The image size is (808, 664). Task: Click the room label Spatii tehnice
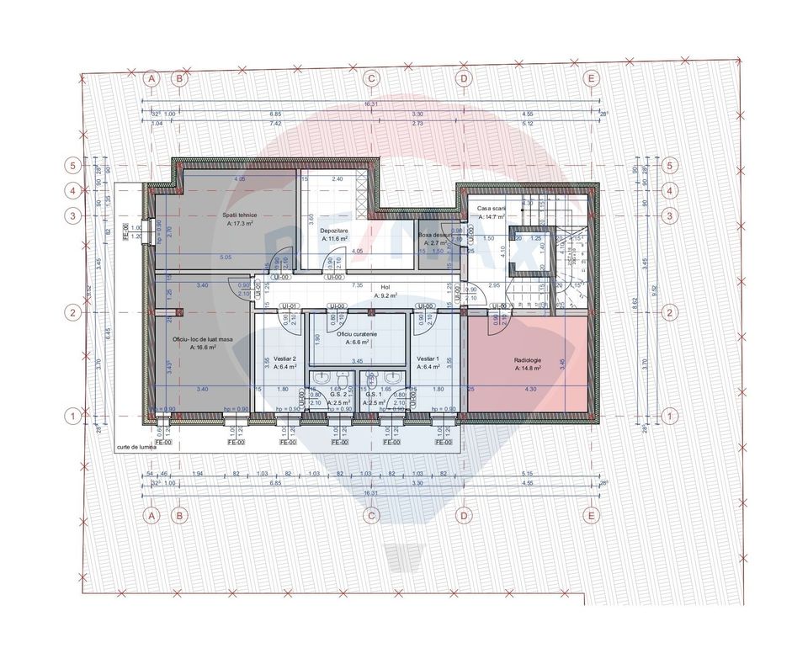coord(240,215)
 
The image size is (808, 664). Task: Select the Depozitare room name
coord(334,229)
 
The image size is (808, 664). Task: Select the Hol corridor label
coord(385,287)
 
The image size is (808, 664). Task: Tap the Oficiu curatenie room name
coord(358,334)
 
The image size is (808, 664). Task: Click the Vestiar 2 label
coord(274,358)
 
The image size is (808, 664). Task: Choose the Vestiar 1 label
coord(428,358)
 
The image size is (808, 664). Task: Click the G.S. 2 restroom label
coord(339,394)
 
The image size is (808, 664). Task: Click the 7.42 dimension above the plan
coord(275,123)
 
